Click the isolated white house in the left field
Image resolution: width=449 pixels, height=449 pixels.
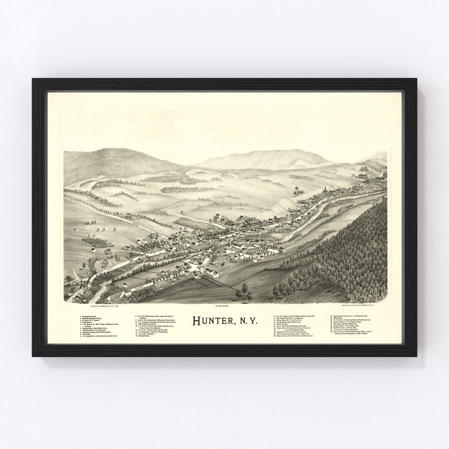pyautogui.click(x=93, y=250)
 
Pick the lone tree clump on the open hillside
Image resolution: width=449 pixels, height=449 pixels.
pyautogui.click(x=297, y=192)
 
